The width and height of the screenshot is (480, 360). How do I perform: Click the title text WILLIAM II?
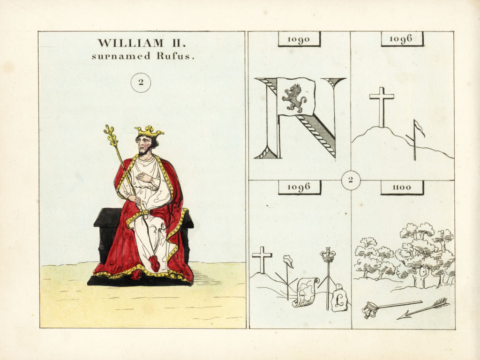point(142,43)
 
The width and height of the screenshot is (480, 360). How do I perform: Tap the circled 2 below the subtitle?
point(141,82)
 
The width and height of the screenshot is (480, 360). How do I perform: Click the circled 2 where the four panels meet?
point(351,180)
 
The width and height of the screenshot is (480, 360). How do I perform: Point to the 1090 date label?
point(299,39)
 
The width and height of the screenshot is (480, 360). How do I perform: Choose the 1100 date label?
point(402,187)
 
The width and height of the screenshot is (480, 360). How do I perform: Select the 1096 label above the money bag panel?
point(299,187)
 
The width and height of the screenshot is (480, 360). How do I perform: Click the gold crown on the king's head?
point(149,132)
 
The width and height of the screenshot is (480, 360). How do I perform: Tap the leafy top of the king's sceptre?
point(111,135)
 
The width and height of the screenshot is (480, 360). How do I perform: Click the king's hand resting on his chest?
point(144,177)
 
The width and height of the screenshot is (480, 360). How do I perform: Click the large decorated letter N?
point(300,118)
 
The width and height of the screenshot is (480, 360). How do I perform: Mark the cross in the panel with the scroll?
point(262,260)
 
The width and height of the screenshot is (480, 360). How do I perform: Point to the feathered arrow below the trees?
point(423,308)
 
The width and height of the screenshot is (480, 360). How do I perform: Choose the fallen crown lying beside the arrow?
point(369,310)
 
